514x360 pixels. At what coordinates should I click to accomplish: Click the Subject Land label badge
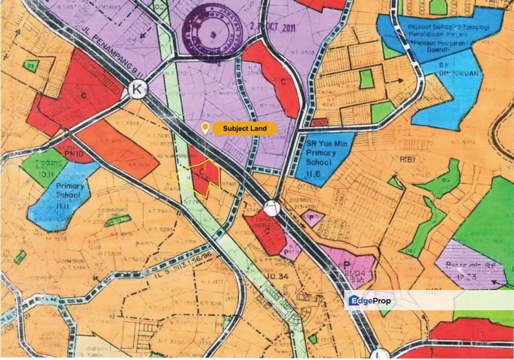click(245, 128)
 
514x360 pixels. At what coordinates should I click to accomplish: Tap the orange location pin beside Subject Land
click(205, 128)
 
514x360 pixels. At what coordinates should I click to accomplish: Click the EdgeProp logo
click(370, 300)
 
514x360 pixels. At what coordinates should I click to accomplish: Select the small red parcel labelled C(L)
click(319, 122)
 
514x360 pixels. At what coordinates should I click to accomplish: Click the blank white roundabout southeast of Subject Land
click(271, 206)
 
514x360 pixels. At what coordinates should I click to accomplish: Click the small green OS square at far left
click(30, 65)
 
